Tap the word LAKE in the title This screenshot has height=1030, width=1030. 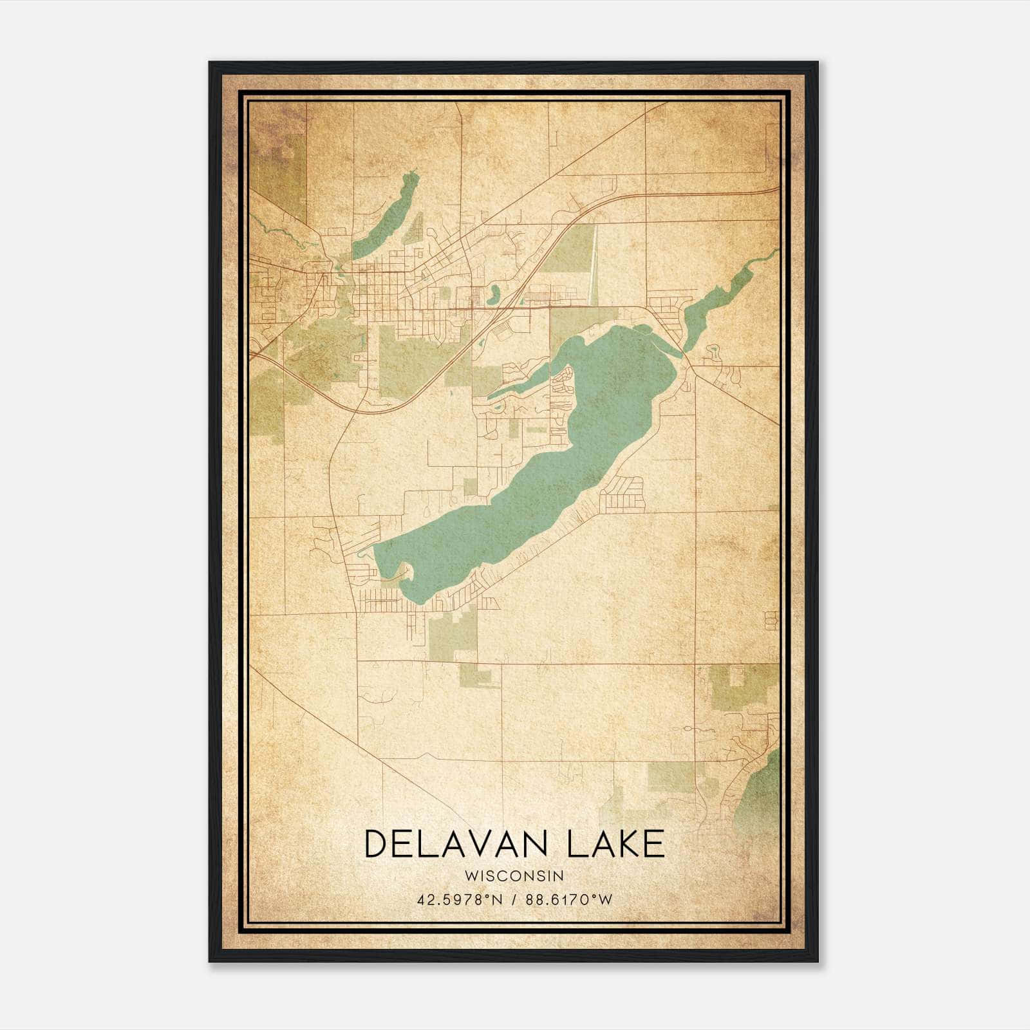click(x=615, y=844)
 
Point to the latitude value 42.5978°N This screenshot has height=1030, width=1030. click(x=458, y=900)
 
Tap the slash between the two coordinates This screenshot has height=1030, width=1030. click(x=513, y=900)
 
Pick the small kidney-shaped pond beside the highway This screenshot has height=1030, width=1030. click(x=494, y=295)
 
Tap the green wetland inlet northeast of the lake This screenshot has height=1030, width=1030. click(x=715, y=303)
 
